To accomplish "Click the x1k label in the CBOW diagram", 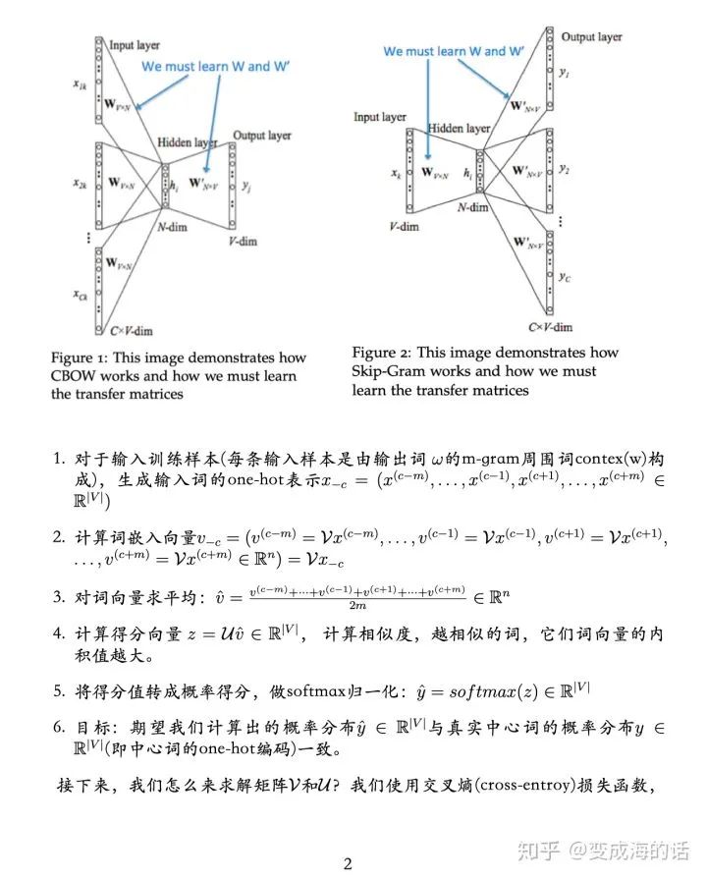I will pos(79,85).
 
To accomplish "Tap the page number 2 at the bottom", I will pos(348,864).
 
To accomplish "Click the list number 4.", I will pos(59,635).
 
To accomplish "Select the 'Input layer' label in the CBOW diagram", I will pos(136,45).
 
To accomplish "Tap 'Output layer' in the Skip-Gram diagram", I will pos(591,37).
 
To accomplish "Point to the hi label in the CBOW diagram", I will pos(173,183).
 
